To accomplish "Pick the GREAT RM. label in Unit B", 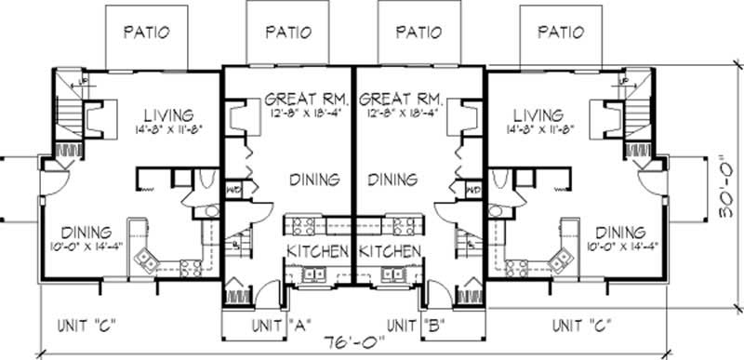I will click(401, 98).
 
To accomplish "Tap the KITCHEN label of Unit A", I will click(317, 252).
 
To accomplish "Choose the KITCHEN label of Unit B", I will click(390, 252).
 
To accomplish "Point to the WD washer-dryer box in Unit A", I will click(232, 191).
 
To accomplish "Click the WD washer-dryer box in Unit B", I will click(472, 191).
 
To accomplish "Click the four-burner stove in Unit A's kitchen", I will click(302, 224).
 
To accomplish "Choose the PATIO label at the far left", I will click(147, 31).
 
